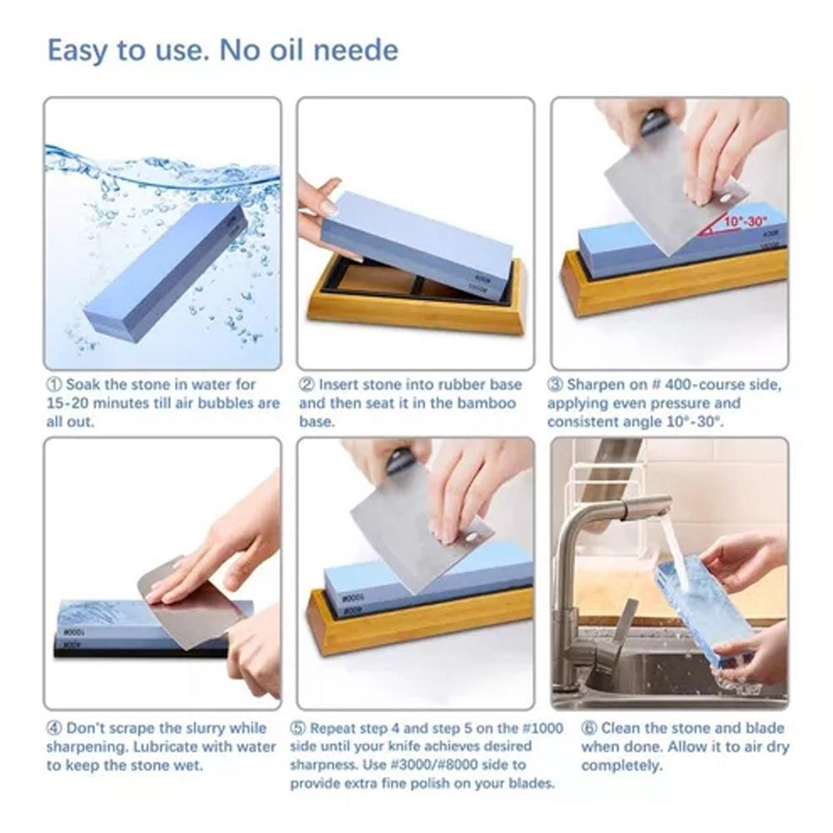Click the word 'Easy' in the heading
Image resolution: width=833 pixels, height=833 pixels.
(x=77, y=50)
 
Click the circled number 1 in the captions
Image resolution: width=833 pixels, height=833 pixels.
(x=54, y=385)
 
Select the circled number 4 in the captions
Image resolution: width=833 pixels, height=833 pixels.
(x=54, y=728)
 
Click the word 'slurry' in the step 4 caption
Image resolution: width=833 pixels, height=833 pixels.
(x=206, y=728)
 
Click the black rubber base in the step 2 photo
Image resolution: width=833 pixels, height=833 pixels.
(x=375, y=283)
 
